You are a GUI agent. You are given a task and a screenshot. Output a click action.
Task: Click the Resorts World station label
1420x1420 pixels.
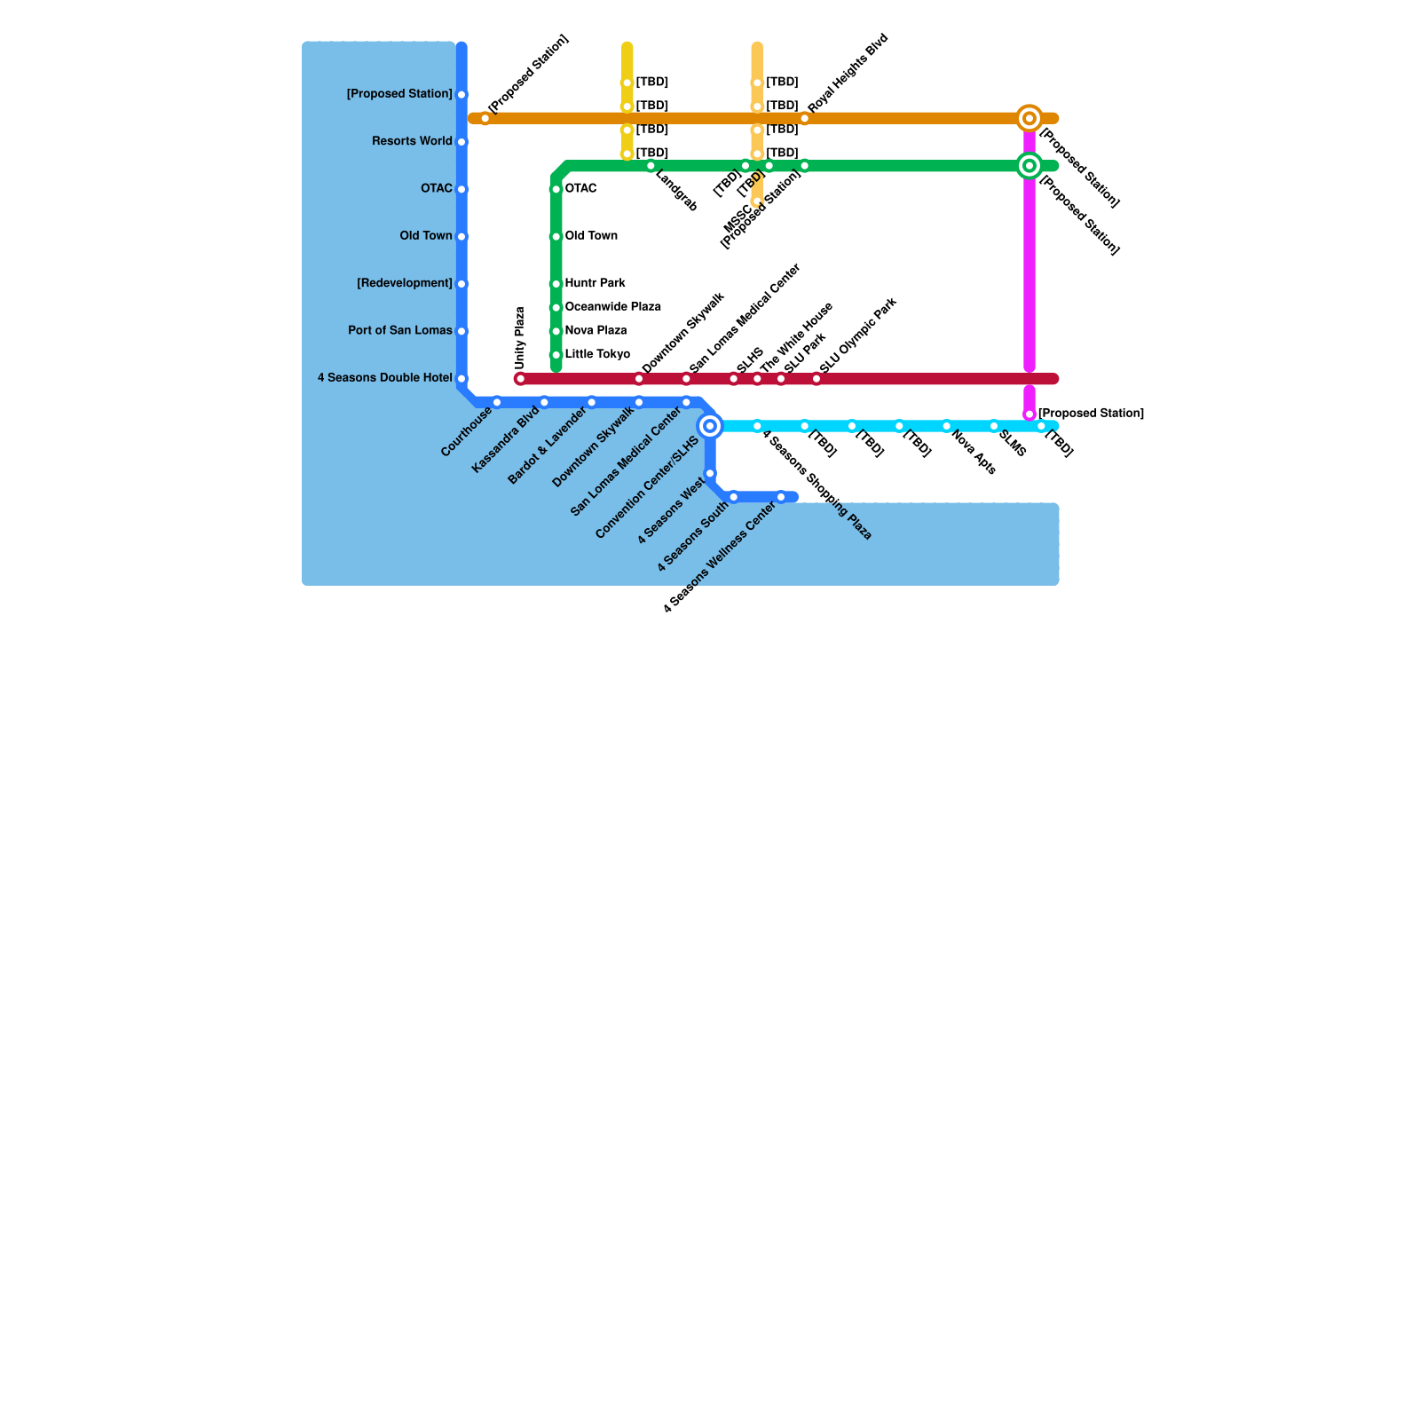412,142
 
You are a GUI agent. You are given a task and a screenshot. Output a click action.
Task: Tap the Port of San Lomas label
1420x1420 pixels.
400,331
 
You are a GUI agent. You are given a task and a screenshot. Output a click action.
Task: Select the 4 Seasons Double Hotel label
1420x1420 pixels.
385,378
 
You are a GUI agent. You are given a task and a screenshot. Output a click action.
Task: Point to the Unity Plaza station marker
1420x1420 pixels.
521,380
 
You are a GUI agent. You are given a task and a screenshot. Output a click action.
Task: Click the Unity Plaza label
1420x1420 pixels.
521,338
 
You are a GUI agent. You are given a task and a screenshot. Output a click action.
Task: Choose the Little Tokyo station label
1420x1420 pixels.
597,355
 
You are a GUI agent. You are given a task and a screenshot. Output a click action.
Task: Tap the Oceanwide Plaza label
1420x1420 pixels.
612,307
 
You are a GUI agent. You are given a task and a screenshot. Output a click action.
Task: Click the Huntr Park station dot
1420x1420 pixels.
556,284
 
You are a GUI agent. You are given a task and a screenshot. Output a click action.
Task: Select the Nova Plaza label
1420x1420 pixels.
596,331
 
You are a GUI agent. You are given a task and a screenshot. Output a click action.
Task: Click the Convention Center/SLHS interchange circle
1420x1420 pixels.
710,427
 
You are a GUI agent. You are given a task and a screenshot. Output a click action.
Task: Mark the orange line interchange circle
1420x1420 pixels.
1029,118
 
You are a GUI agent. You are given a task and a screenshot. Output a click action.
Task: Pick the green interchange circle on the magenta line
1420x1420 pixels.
1029,166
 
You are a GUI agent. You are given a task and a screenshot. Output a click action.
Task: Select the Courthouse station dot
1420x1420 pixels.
497,403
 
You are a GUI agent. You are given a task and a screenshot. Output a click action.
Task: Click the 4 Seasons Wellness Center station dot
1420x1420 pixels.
781,498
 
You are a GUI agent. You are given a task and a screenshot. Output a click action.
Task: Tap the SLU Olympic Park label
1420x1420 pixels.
858,335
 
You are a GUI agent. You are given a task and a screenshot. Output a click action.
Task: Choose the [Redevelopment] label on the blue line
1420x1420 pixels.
405,284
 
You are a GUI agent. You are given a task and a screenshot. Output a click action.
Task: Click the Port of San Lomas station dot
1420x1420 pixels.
461,332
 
